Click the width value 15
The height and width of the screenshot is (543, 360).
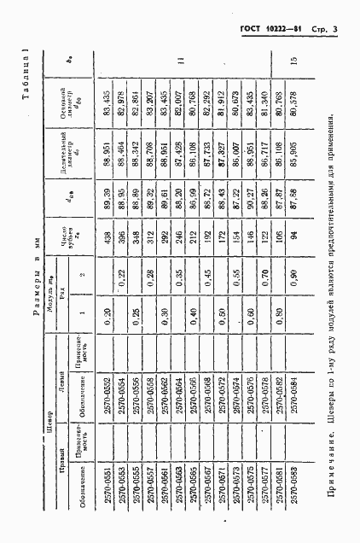pos(293,58)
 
